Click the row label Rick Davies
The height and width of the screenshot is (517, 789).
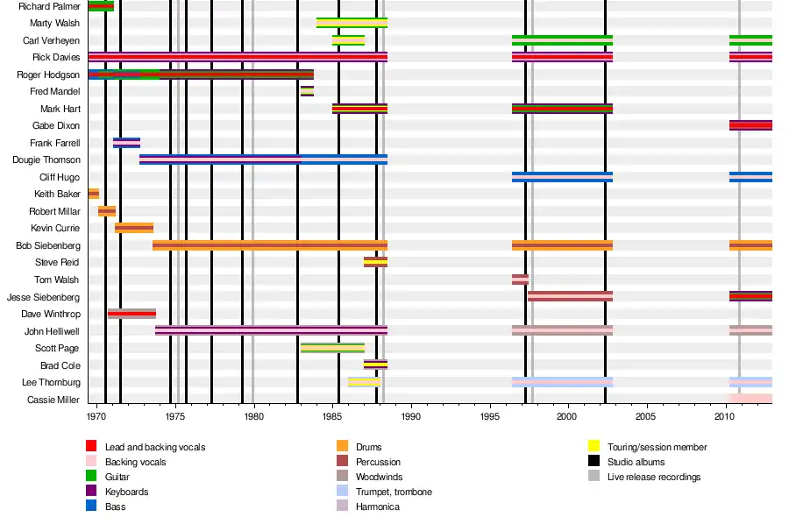[56, 58]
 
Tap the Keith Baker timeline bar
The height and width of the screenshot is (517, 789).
[94, 194]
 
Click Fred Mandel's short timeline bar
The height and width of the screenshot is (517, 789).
[307, 91]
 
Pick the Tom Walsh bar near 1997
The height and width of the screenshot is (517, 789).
[520, 280]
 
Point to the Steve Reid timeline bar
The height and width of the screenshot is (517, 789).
[375, 262]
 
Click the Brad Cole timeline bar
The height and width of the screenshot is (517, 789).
[375, 365]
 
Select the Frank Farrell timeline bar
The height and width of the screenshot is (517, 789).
[126, 143]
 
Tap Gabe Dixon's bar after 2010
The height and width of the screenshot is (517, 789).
[750, 125]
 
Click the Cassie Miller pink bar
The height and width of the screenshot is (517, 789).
[750, 399]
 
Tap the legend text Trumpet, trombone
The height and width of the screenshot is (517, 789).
[394, 492]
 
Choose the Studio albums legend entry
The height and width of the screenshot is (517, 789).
[636, 462]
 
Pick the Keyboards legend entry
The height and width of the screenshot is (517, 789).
[126, 492]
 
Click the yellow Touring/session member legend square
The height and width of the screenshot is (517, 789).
[594, 447]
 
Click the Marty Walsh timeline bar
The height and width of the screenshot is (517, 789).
[352, 23]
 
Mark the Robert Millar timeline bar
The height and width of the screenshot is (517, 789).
[107, 211]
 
